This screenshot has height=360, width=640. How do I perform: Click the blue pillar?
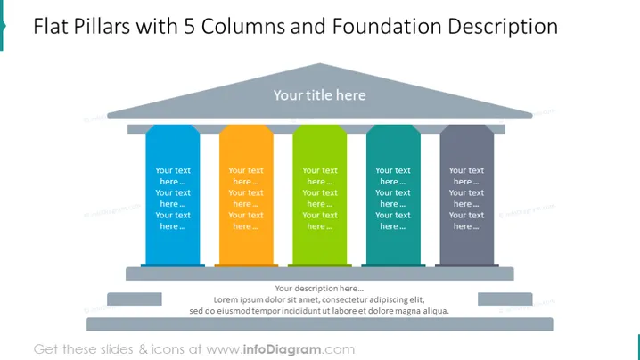coord(173,195)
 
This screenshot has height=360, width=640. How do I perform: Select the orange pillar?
coord(246,195)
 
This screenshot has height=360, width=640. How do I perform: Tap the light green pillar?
coord(320,195)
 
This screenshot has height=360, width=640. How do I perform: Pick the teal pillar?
coord(393,195)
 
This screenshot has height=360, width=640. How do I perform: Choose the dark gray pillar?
coord(466,195)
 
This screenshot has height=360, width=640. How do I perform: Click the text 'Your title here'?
coord(320,95)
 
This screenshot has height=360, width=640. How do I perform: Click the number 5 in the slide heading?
coord(189,27)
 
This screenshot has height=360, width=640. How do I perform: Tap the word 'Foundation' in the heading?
coord(387,27)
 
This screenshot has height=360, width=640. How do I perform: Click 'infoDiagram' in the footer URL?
coord(282,349)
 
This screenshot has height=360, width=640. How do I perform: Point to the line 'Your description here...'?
coord(319,289)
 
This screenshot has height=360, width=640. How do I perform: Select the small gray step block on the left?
coord(135,299)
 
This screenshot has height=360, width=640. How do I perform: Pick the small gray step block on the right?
coord(505,299)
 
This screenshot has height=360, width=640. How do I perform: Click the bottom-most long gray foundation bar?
coord(320,324)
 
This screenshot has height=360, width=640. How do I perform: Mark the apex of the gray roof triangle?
coord(320,63)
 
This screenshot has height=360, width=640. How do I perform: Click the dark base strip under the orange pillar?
coord(246,266)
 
